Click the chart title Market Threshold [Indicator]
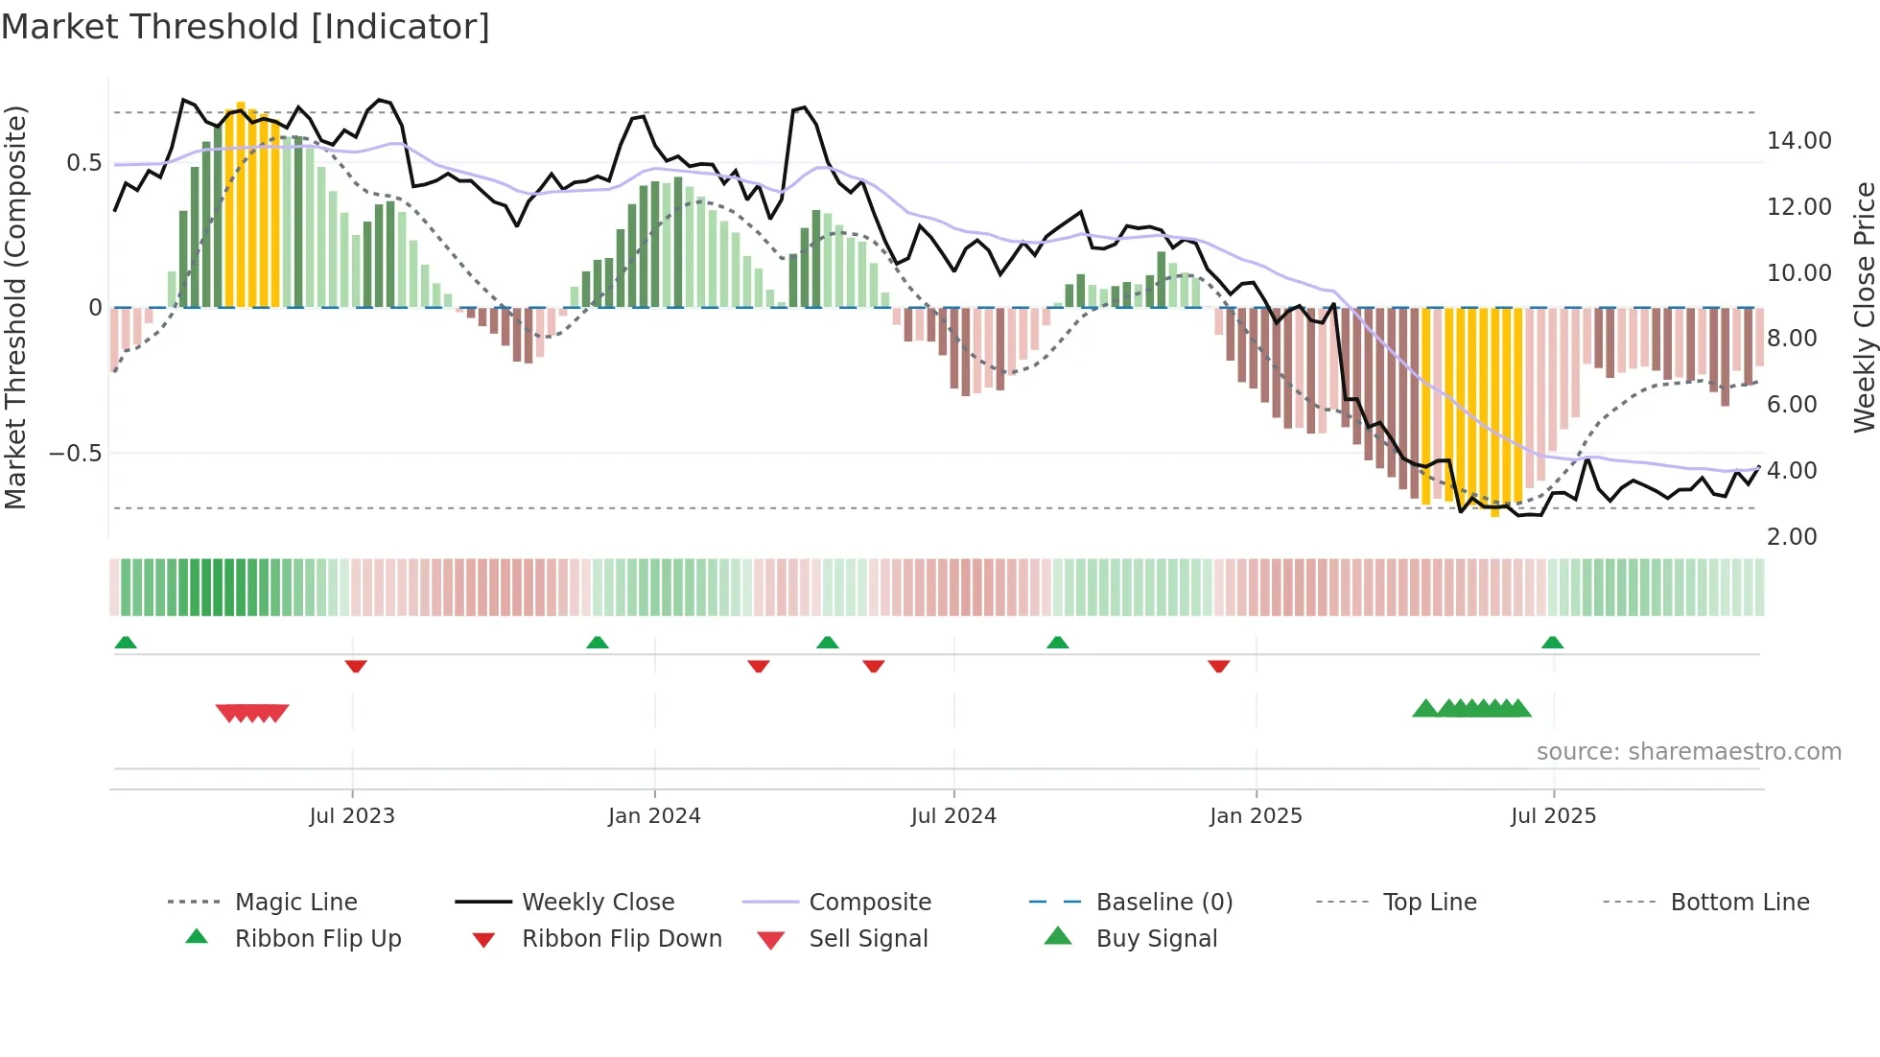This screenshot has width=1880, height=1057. point(246,27)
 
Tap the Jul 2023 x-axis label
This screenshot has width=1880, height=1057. point(352,816)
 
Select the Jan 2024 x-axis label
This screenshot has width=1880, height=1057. point(654,816)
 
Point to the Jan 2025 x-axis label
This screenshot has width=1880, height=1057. point(1256,816)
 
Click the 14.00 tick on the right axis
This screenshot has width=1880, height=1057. point(1798,141)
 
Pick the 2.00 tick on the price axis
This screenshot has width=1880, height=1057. point(1792,537)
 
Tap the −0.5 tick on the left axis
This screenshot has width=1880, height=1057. point(76,454)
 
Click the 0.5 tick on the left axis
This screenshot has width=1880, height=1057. point(83,163)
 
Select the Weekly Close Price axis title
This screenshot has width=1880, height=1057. point(1864,307)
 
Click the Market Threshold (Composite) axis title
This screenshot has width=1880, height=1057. point(15,307)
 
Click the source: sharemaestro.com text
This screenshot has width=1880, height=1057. point(1688,752)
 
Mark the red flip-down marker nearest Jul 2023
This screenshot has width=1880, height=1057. point(356,666)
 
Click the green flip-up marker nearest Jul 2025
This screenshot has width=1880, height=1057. point(1552,643)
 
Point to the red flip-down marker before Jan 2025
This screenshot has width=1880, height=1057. point(1218,666)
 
